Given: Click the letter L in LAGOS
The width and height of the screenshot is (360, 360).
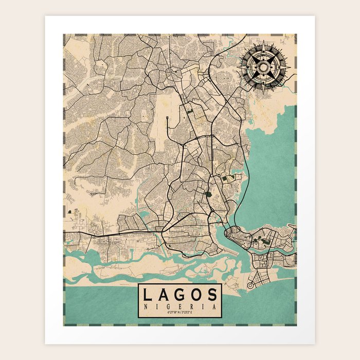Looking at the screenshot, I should tap(148, 295).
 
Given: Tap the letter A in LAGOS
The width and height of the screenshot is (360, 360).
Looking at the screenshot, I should tap(163, 295).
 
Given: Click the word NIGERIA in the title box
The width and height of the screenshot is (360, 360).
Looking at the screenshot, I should tap(179, 306).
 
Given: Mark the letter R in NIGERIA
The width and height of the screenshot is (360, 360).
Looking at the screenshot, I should tap(191, 306).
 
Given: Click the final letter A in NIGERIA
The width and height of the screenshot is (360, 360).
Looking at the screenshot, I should tap(213, 306).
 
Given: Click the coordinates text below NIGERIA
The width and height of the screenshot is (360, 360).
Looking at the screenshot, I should tap(179, 313).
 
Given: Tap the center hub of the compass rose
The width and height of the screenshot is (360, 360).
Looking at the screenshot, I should tap(263, 67).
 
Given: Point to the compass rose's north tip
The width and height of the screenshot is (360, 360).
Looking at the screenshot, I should tap(263, 41).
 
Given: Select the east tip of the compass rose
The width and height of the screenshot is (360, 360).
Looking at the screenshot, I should tap(290, 67).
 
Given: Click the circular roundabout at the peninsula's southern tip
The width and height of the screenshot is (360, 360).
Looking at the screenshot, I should tap(251, 284).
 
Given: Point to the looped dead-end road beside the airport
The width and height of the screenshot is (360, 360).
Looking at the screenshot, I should tap(168, 119).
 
